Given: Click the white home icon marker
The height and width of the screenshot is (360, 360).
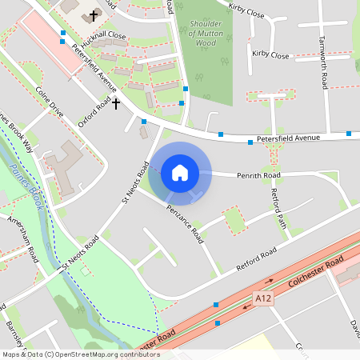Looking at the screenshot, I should [x=179, y=173].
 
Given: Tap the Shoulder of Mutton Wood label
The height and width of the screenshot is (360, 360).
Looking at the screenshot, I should [x=203, y=34].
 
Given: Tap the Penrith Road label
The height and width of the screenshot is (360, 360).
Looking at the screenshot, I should [x=258, y=174].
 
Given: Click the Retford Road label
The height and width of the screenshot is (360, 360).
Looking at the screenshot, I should [x=256, y=258].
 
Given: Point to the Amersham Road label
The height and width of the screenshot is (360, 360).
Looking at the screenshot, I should [x=22, y=239].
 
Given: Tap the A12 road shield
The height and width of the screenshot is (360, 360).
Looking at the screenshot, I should [x=262, y=298].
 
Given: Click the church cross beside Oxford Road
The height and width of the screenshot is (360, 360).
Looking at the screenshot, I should [x=116, y=103].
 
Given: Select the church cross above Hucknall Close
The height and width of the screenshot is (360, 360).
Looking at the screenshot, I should [x=93, y=15].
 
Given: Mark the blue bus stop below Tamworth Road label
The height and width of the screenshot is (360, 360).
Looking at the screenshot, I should [x=349, y=134].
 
